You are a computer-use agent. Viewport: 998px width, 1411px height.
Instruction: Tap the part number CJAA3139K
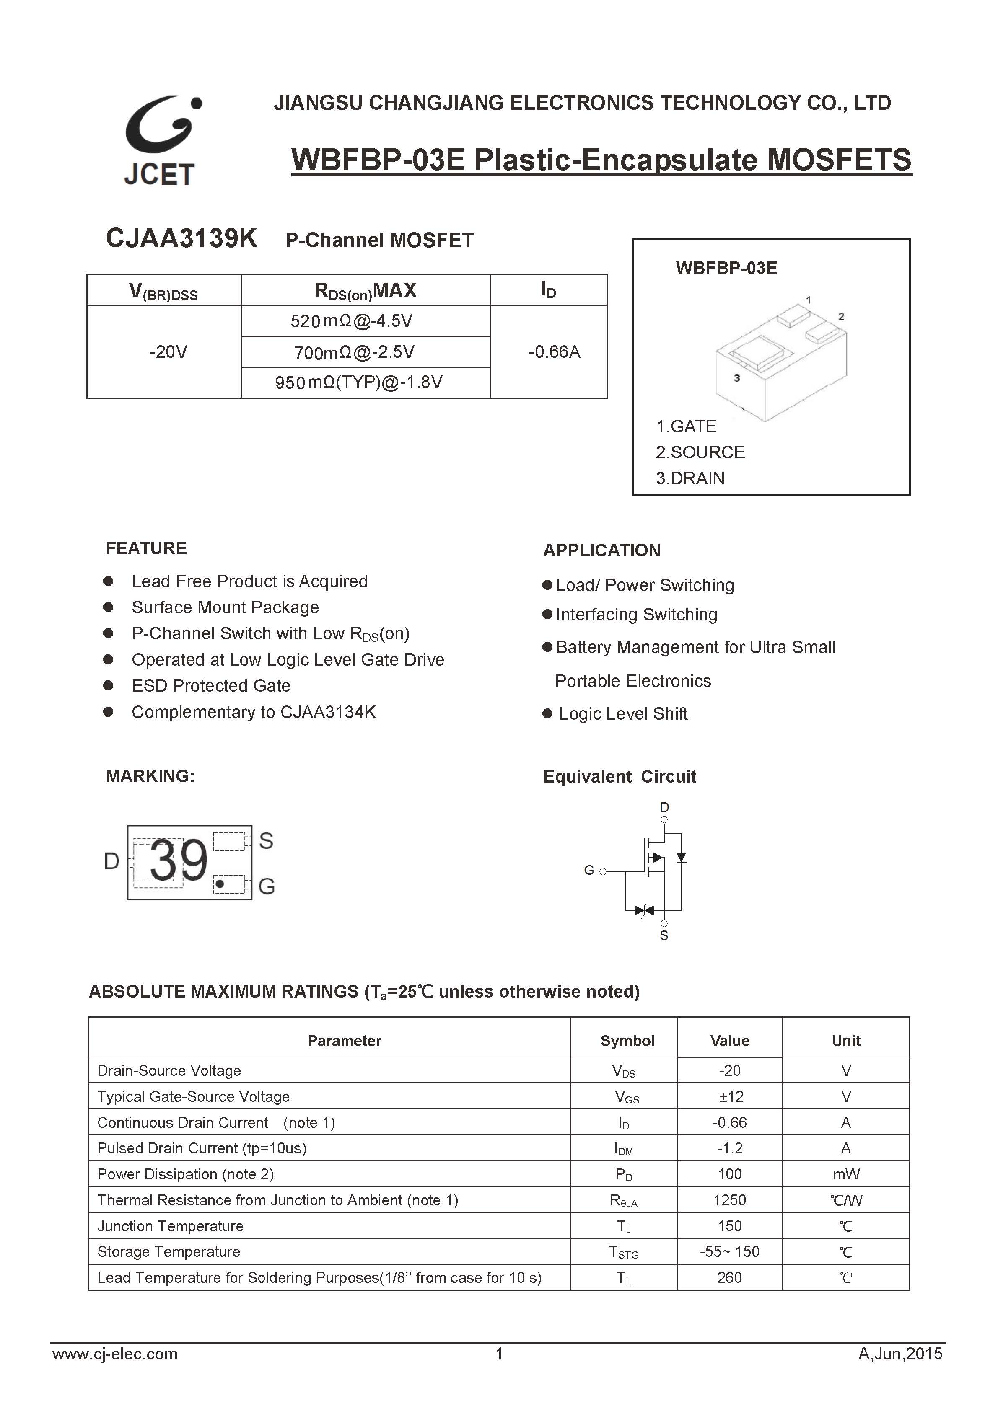coord(181,238)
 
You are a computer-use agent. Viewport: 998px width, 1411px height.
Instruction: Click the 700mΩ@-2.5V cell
coord(354,352)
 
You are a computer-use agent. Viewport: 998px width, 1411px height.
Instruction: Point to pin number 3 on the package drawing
coord(737,378)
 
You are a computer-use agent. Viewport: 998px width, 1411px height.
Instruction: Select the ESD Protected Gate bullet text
coord(210,685)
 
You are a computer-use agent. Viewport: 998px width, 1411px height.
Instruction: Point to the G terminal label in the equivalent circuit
coord(589,870)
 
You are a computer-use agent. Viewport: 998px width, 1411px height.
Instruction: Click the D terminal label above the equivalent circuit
coord(664,807)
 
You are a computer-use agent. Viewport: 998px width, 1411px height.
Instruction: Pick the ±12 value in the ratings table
coord(730,1096)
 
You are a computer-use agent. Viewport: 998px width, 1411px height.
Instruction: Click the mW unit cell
coord(846,1174)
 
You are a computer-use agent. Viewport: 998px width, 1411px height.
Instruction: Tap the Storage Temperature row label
coord(168,1251)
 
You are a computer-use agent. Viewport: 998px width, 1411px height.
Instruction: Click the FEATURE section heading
coord(146,548)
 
